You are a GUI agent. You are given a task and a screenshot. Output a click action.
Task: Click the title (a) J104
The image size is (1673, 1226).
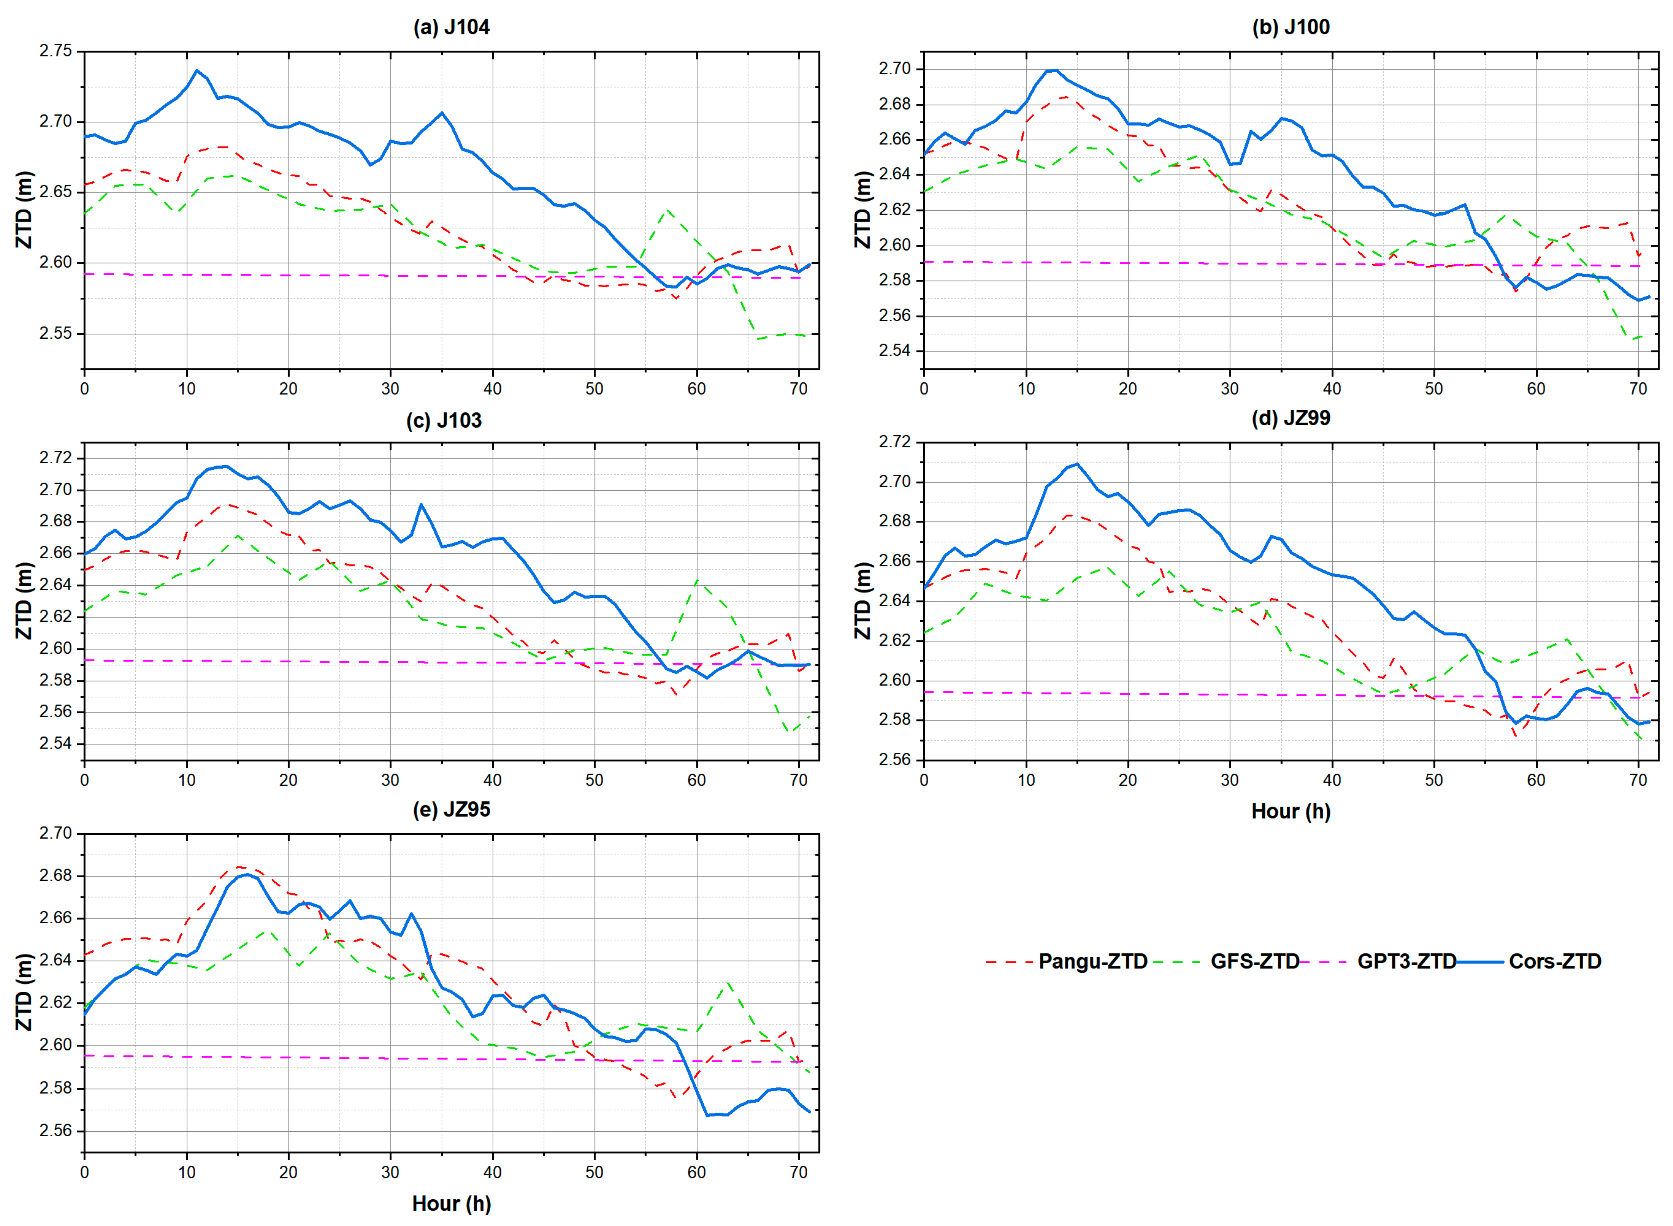451,27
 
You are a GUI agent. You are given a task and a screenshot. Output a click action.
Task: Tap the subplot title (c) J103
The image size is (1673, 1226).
444,421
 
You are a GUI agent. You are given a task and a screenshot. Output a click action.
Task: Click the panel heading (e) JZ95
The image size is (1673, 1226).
451,810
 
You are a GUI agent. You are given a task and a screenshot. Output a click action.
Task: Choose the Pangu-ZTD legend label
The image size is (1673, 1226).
1093,962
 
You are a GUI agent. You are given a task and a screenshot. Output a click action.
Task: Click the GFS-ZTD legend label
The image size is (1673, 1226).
1254,962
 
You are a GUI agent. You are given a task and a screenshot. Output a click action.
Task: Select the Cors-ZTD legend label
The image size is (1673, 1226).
1555,962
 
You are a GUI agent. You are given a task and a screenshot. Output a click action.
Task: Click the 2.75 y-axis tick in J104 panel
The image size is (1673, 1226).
56,51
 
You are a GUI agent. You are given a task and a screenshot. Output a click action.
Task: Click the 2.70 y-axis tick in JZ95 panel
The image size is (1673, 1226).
56,834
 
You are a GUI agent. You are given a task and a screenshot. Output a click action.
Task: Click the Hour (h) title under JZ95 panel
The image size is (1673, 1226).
451,1204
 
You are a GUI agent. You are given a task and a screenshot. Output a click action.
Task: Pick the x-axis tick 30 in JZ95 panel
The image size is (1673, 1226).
391,1173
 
